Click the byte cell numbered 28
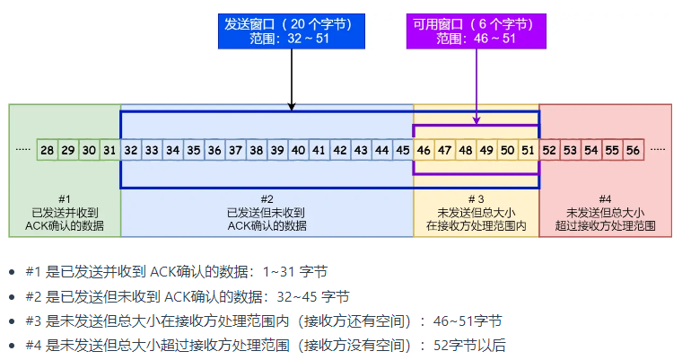pyautogui.click(x=48, y=150)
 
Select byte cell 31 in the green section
pyautogui.click(x=109, y=150)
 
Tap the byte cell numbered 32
pyautogui.click(x=131, y=150)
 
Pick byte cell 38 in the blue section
pyautogui.click(x=257, y=150)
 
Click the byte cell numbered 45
pyautogui.click(x=403, y=150)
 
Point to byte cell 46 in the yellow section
pyautogui.click(x=424, y=150)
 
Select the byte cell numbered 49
pyautogui.click(x=486, y=150)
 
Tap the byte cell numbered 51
pyautogui.click(x=528, y=150)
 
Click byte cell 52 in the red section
pyautogui.click(x=550, y=150)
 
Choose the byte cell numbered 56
pyautogui.click(x=634, y=150)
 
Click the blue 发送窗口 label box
pyautogui.click(x=293, y=31)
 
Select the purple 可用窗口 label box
pyautogui.click(x=477, y=31)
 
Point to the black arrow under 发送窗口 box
pyautogui.click(x=293, y=81)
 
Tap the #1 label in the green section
pyautogui.click(x=65, y=198)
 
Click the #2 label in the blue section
pyautogui.click(x=267, y=198)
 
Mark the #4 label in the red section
pyautogui.click(x=605, y=198)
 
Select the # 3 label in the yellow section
pyautogui.click(x=477, y=198)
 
